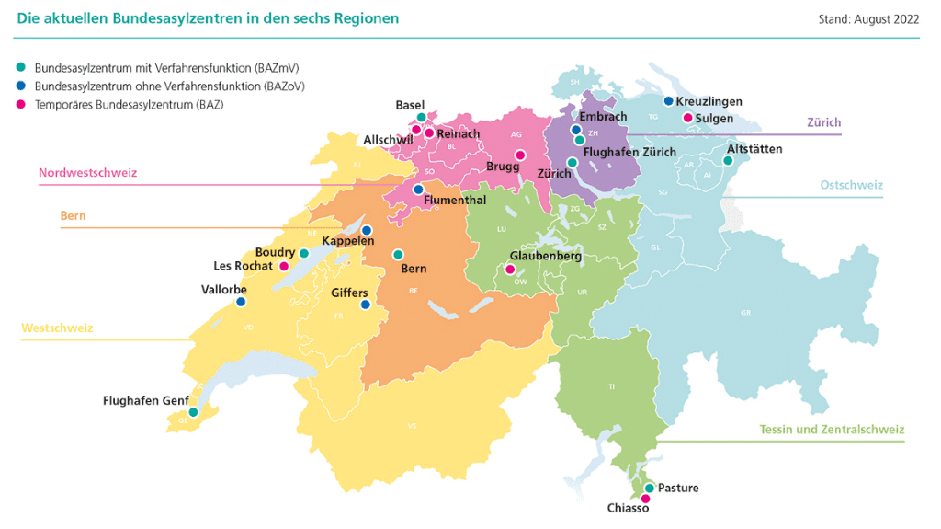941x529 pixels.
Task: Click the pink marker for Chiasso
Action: click(645, 499)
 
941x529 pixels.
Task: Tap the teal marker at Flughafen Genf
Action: click(193, 413)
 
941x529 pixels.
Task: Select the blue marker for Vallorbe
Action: click(241, 302)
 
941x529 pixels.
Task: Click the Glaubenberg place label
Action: click(545, 257)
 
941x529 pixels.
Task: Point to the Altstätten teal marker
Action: click(728, 160)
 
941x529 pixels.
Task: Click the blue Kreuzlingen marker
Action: click(668, 101)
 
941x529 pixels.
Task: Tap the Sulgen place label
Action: click(714, 119)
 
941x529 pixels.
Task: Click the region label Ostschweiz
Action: click(851, 185)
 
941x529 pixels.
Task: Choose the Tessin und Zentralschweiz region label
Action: click(832, 430)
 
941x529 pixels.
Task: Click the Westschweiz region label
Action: click(57, 328)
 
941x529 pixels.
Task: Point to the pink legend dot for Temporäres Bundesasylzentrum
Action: click(20, 104)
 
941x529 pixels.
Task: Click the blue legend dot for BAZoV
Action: click(20, 86)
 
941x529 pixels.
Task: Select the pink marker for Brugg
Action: click(519, 155)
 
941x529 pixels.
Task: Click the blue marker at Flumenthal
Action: click(418, 190)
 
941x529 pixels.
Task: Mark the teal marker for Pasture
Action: click(649, 488)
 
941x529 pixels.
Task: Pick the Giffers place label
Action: click(350, 293)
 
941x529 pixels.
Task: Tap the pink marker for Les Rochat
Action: click(284, 267)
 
